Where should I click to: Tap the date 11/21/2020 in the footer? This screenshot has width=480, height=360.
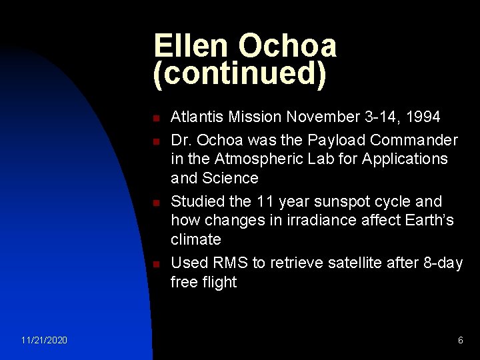(x=43, y=341)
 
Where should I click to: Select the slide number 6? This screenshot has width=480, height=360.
(x=460, y=341)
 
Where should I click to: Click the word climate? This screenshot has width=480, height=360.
(x=195, y=239)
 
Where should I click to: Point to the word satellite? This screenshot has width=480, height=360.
(x=361, y=263)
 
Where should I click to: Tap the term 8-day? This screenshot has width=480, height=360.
(x=443, y=263)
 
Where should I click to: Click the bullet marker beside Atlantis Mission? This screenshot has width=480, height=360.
(x=154, y=118)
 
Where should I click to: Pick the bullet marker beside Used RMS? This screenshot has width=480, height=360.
(x=154, y=264)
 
